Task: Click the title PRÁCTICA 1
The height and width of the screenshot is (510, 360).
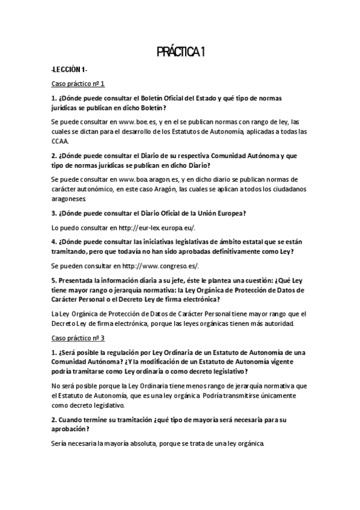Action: click(181, 54)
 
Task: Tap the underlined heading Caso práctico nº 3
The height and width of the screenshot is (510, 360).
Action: click(78, 338)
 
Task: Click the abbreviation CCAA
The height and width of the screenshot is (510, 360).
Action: click(60, 141)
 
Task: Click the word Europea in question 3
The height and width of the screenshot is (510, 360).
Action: click(228, 213)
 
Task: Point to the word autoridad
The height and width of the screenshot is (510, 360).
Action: click(276, 324)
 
